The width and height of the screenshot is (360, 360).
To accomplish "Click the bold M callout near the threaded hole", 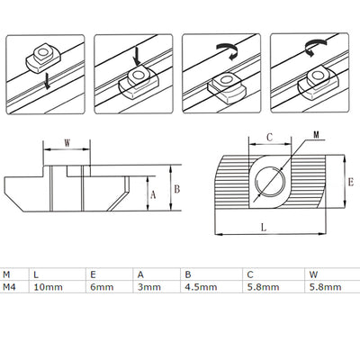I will pos(316,137).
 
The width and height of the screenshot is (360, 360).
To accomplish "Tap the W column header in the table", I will pos(311,274).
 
